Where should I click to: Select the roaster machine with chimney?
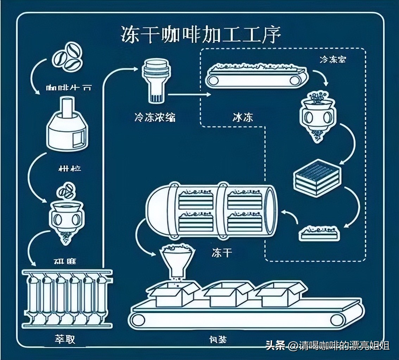coord(67,124)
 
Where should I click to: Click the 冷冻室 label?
coord(332,59)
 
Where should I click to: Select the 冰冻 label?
coord(243,117)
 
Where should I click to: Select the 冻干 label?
coord(222,252)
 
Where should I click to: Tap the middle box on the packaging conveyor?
coord(229,295)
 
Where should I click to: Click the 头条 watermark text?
coord(275,346)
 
